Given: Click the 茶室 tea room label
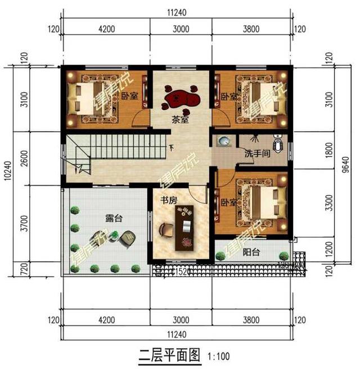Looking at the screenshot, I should (180, 119).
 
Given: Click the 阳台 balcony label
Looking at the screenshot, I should (251, 253).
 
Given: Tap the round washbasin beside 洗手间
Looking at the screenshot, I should (224, 142).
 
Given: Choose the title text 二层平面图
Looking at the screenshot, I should (169, 355).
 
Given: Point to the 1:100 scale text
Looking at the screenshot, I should (218, 356).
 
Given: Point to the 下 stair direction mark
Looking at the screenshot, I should (171, 148).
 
